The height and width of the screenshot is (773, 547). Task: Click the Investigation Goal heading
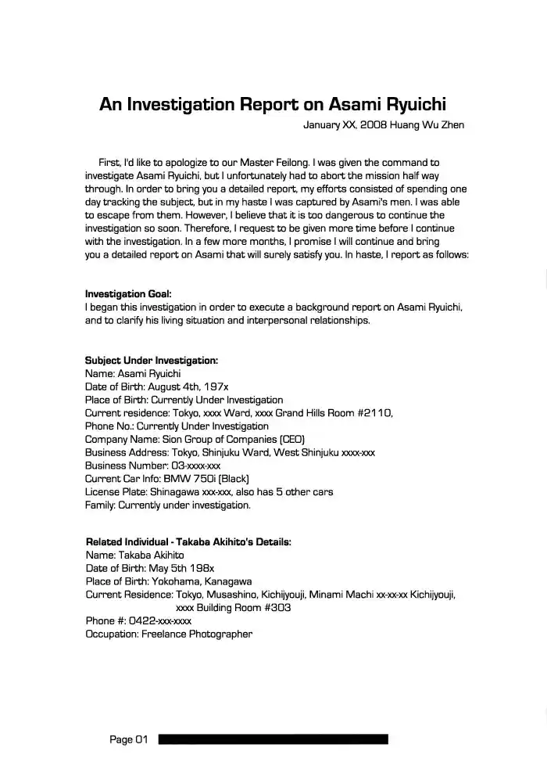[127, 294]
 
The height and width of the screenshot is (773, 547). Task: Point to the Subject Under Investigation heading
[151, 361]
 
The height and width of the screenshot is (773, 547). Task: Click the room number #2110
[374, 412]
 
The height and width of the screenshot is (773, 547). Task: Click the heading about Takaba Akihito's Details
[188, 541]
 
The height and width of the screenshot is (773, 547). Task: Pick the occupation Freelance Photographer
[196, 635]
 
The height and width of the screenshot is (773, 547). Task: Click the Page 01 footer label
[128, 739]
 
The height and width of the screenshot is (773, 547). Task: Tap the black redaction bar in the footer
[273, 739]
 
